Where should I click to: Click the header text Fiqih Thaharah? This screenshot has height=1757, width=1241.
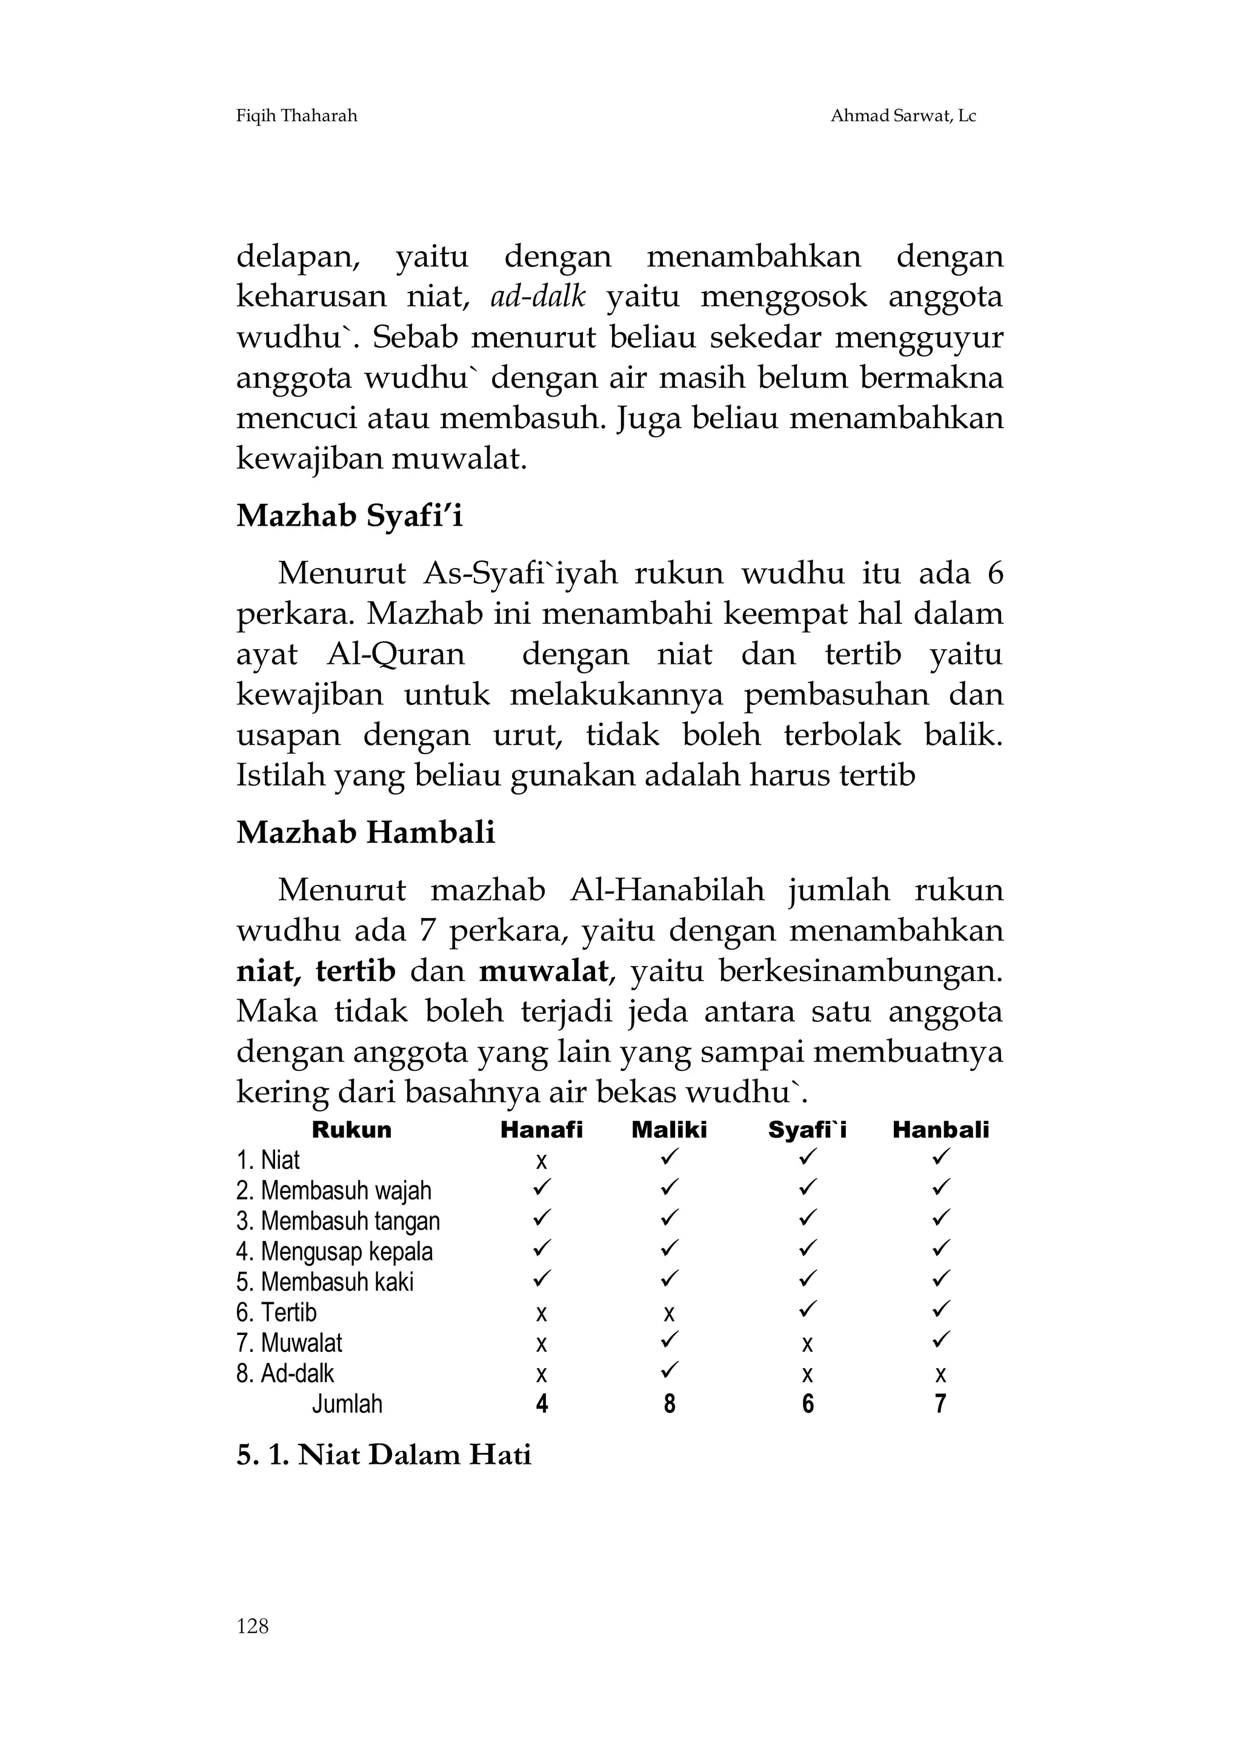click(x=296, y=116)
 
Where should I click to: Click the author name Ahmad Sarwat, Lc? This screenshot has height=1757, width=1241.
click(x=903, y=116)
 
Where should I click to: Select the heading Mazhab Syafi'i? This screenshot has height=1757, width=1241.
click(x=349, y=517)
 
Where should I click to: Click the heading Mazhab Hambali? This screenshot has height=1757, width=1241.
click(x=365, y=833)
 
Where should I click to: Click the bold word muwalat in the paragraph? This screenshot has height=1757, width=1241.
click(x=544, y=971)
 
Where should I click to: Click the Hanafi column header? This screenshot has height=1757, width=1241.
click(x=541, y=1130)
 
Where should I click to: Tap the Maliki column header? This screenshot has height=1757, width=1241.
click(x=669, y=1130)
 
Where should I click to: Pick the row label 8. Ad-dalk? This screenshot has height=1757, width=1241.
click(x=285, y=1374)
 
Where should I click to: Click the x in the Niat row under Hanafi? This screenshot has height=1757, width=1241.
click(x=541, y=1162)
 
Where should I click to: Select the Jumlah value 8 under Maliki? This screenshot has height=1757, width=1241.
click(x=669, y=1405)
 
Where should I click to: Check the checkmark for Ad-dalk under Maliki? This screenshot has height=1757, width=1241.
click(x=669, y=1369)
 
